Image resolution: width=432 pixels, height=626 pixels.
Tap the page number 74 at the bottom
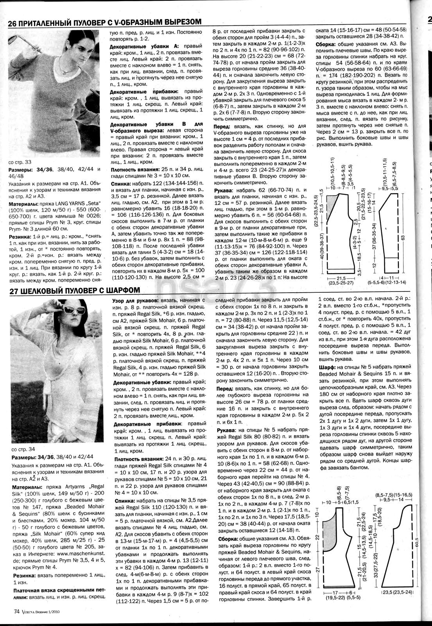[16, 612]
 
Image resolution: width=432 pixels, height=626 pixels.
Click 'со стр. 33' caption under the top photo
[20, 162]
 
